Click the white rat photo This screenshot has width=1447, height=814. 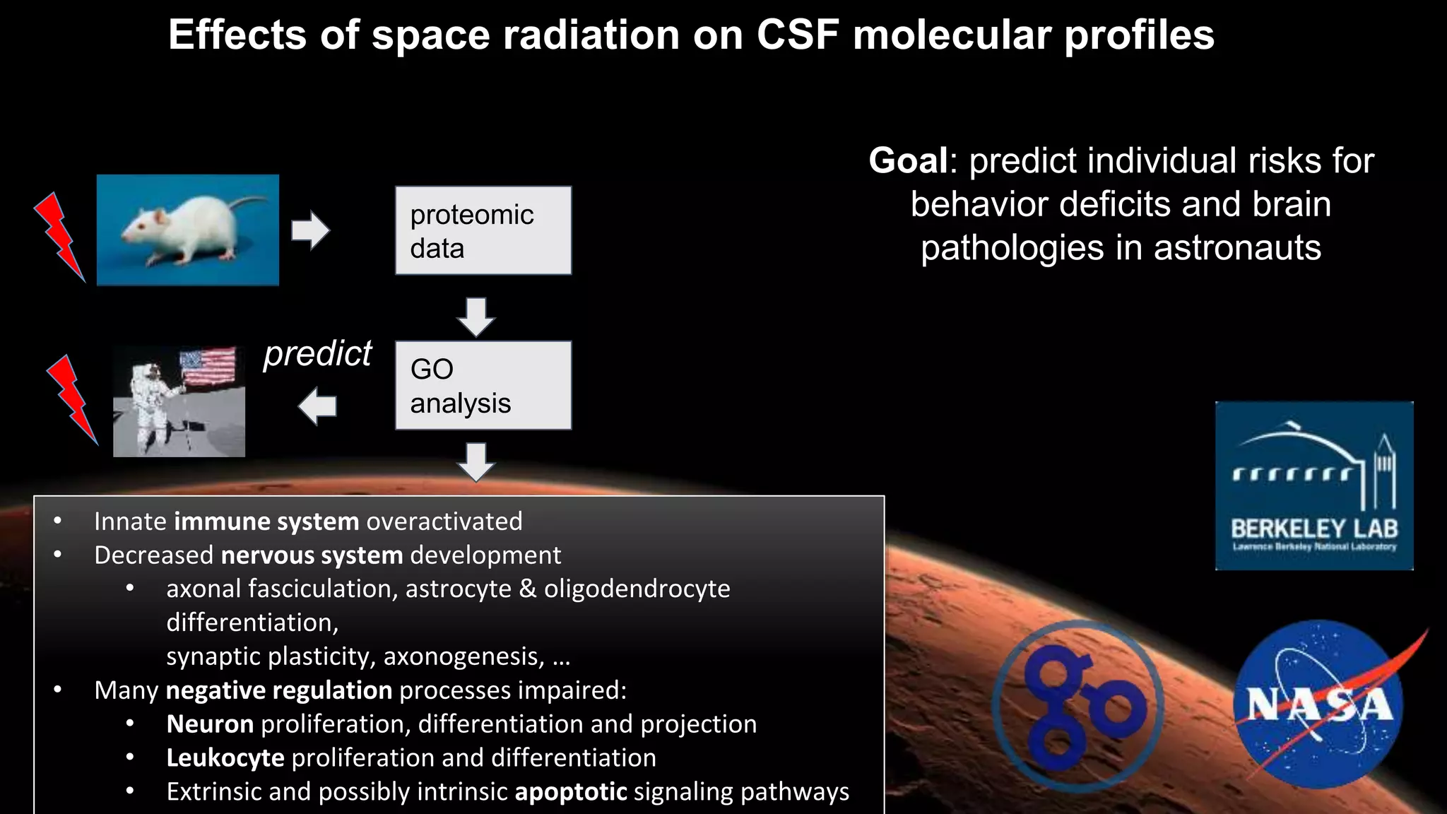click(x=187, y=230)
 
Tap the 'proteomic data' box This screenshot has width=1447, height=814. click(x=483, y=230)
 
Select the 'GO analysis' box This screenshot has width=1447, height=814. click(x=483, y=385)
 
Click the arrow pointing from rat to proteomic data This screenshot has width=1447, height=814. click(x=310, y=230)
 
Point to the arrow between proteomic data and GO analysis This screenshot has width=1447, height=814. click(x=476, y=316)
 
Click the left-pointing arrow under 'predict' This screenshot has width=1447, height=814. click(x=317, y=406)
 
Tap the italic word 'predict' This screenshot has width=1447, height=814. click(x=317, y=353)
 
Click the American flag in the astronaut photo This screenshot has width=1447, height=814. click(x=208, y=366)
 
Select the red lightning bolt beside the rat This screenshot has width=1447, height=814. click(x=59, y=237)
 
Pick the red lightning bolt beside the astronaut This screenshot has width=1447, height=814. click(x=71, y=399)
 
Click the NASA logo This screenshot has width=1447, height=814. click(x=1318, y=704)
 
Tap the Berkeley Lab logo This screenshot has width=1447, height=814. click(x=1314, y=485)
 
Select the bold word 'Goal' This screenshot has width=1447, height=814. click(x=908, y=160)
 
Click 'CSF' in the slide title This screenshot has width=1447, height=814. click(x=798, y=35)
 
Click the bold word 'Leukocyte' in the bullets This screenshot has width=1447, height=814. click(x=225, y=757)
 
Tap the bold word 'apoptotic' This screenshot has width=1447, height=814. click(x=570, y=791)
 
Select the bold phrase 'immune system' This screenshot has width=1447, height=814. click(x=266, y=521)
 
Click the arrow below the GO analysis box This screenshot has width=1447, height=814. click(x=476, y=461)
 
